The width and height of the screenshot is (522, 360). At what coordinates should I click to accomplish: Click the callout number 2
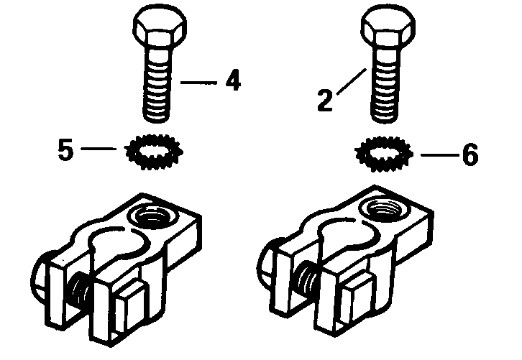(x=325, y=99)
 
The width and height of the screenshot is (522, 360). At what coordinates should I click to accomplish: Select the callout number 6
(x=470, y=156)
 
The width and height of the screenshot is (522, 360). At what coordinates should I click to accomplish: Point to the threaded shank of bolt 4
(x=160, y=87)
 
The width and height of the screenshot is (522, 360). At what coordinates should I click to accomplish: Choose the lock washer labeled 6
(x=383, y=153)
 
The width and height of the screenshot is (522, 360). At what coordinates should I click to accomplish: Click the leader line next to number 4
(x=198, y=83)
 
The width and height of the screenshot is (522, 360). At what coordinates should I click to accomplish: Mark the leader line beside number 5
(x=99, y=149)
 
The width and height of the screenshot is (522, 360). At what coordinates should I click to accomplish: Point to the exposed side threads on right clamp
(x=308, y=274)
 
